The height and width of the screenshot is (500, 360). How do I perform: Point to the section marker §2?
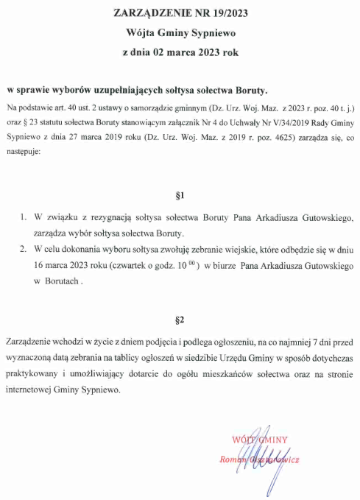pyautogui.click(x=180, y=320)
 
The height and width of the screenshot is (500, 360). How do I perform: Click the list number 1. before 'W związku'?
pyautogui.click(x=24, y=218)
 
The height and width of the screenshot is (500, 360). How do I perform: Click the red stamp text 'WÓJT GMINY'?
pyautogui.click(x=258, y=439)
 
